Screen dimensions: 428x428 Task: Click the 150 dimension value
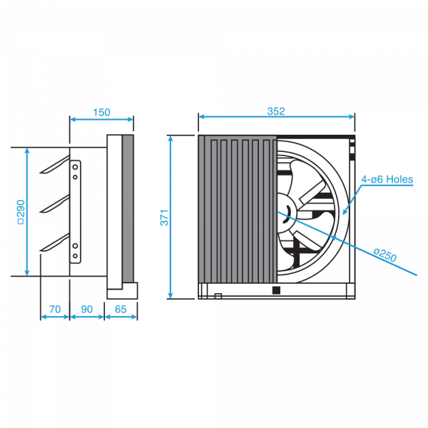(x=101, y=112)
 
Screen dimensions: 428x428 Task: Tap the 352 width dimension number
(x=276, y=111)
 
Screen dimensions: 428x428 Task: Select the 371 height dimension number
(x=164, y=218)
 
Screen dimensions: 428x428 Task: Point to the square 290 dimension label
(x=21, y=212)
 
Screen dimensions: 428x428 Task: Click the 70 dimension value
(x=55, y=310)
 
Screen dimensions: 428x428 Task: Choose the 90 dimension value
(x=87, y=310)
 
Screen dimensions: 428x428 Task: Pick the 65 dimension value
(x=121, y=310)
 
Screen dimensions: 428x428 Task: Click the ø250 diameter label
(x=385, y=255)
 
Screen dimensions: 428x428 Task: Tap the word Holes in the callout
(x=400, y=179)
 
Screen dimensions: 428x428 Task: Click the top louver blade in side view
(x=55, y=165)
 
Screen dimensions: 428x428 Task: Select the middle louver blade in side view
(x=55, y=203)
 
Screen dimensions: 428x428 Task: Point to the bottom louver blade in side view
(x=55, y=242)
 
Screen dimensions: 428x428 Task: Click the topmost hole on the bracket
(x=75, y=167)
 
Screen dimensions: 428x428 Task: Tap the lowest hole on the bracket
(x=75, y=256)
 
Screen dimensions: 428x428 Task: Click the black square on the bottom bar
(x=276, y=290)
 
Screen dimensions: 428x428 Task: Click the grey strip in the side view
(x=128, y=208)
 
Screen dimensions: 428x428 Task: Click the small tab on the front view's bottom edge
(x=218, y=296)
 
